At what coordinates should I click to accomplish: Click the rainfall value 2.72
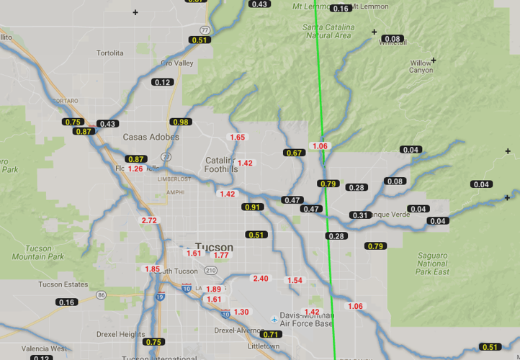point(150,220)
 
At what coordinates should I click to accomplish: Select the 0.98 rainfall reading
point(180,122)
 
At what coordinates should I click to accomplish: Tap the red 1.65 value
point(237,138)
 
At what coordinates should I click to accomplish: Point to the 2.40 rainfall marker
point(260,279)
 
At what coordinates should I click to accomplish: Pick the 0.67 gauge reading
point(294,153)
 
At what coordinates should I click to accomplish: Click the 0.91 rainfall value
point(252,207)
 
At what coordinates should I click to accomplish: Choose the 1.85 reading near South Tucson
point(153,269)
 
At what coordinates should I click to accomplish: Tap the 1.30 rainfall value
point(241,312)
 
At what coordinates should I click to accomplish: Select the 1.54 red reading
point(295,280)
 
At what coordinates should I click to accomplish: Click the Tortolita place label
point(110,53)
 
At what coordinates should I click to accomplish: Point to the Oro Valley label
point(177,63)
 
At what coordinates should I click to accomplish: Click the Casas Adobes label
point(151,137)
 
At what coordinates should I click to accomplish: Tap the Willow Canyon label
point(421,67)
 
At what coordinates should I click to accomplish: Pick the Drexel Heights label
point(121,334)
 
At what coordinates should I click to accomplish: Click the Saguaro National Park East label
point(432,264)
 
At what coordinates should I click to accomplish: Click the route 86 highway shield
point(101,295)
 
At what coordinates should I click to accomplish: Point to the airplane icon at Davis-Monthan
point(274,319)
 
